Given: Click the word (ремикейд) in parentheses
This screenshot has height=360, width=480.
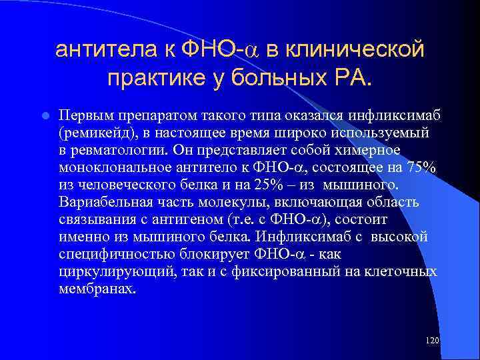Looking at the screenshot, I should click(97, 133).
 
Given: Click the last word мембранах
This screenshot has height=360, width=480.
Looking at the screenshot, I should click(97, 289).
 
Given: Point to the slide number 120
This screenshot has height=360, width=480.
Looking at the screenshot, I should click(431, 341).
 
